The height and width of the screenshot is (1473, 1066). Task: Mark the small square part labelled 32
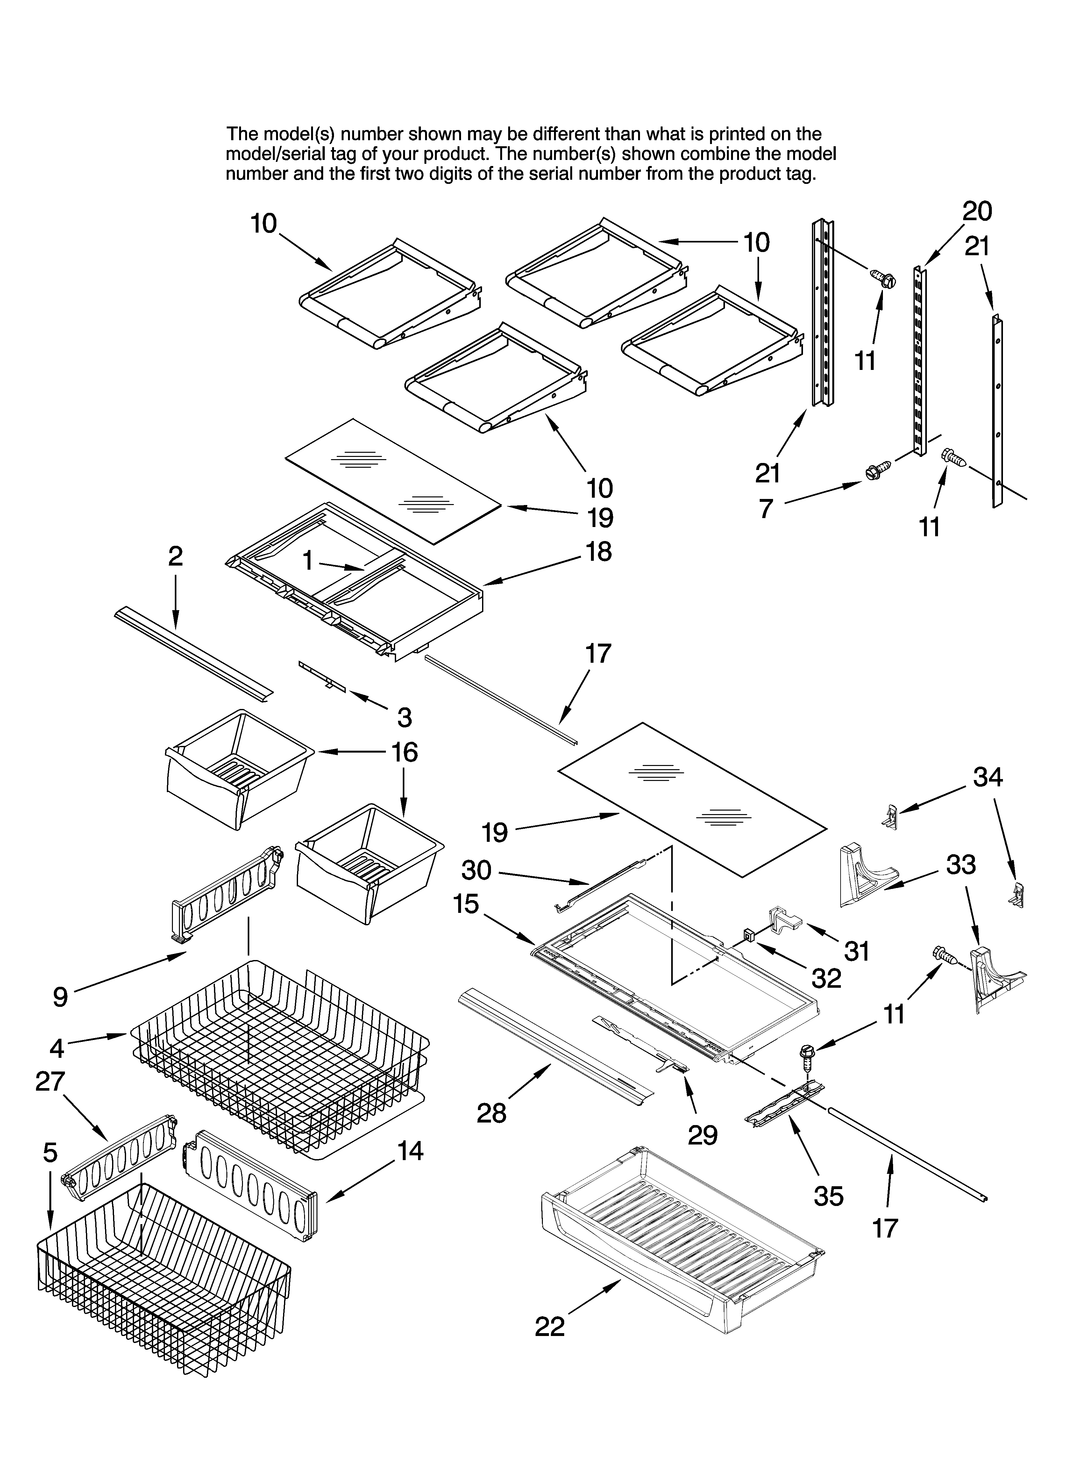[x=749, y=935]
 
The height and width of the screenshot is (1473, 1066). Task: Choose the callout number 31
[x=856, y=951]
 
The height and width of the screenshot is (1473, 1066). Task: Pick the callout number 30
[x=476, y=870]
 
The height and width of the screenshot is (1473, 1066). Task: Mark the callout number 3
[x=404, y=718]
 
